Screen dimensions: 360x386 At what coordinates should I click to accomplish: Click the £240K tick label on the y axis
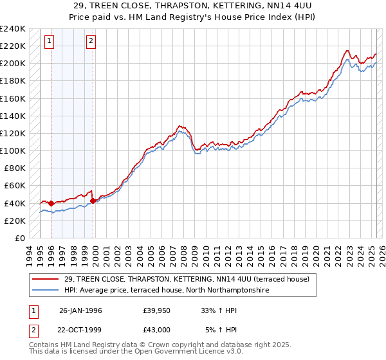click(x=13, y=29)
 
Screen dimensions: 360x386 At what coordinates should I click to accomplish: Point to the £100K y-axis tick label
click(x=13, y=150)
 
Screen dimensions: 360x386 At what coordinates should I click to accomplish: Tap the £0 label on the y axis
click(x=20, y=238)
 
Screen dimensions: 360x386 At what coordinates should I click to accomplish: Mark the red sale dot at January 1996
click(x=51, y=203)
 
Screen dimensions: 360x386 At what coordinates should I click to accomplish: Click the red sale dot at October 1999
click(x=93, y=201)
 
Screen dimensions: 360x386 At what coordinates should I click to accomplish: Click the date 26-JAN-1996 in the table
click(x=80, y=310)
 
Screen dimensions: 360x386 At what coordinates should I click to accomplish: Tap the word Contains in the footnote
click(x=44, y=345)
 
